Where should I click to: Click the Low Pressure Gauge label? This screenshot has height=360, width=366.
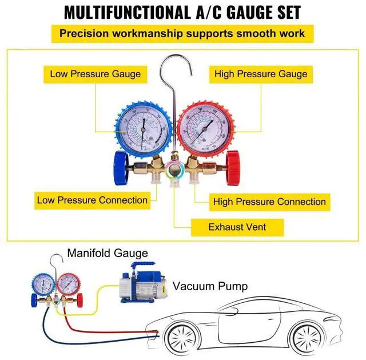pyautogui.click(x=95, y=74)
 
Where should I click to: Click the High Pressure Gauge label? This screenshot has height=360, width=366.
pyautogui.click(x=261, y=74)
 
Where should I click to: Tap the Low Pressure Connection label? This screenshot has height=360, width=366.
pyautogui.click(x=92, y=200)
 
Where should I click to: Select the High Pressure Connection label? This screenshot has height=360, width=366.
pyautogui.click(x=269, y=201)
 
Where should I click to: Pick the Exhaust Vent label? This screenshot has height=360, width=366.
pyautogui.click(x=237, y=227)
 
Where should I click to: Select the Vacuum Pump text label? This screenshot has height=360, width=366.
pyautogui.click(x=210, y=286)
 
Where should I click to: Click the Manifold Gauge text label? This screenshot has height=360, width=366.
pyautogui.click(x=108, y=253)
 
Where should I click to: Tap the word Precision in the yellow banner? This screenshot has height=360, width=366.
pyautogui.click(x=84, y=33)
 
